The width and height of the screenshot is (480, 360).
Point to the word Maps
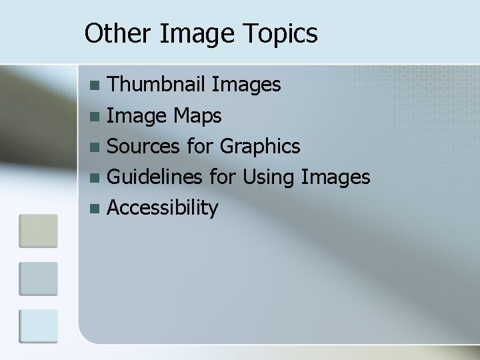coord(197,116)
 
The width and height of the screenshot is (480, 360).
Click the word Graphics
coord(260,146)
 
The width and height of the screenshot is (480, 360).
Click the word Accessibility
coord(162,207)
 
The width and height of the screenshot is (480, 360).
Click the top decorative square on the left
coord(38,230)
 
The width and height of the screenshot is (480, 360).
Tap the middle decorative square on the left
coord(38,278)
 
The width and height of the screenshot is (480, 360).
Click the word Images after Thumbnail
coord(246,85)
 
